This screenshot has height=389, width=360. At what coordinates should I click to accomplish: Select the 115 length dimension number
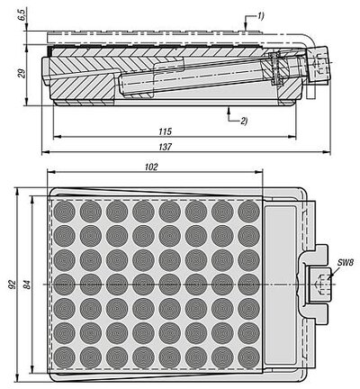point(166,131)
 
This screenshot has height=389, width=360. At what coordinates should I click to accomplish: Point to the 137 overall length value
point(166,147)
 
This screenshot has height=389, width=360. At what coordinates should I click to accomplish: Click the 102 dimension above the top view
point(151,167)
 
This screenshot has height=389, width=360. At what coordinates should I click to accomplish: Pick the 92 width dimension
point(12,284)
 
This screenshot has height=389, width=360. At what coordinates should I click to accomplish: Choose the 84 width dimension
point(27,285)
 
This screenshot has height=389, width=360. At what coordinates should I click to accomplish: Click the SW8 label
point(345,263)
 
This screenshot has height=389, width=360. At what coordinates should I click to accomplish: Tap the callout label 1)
point(260,16)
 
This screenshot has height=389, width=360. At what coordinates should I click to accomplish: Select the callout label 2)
point(243,121)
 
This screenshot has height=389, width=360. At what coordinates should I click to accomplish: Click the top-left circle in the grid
point(64,212)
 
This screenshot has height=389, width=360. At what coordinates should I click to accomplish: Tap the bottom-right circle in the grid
point(248,357)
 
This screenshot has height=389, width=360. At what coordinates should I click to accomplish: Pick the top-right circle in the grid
point(248,212)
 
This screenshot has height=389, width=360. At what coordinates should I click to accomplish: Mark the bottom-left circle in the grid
point(64,357)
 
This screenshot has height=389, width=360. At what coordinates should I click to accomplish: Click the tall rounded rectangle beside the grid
point(281,285)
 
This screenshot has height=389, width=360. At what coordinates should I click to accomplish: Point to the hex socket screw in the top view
point(320,284)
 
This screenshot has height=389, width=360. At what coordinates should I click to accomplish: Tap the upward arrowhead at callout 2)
point(229,110)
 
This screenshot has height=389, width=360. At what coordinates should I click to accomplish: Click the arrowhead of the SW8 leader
point(329,277)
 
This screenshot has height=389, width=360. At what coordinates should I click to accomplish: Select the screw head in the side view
point(319,65)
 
